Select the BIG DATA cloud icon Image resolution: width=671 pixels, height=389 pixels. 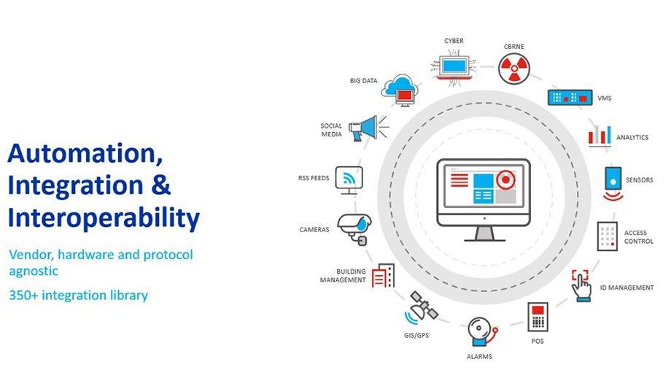tap(400, 88)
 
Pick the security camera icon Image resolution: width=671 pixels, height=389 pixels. tap(354, 228)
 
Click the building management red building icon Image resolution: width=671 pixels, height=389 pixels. tap(383, 276)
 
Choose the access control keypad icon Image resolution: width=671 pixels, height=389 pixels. tap(607, 236)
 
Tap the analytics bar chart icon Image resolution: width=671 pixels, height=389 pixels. tap(600, 134)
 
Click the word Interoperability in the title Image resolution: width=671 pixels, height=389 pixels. tap(103, 217)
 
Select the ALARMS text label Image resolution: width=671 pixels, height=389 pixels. tap(479, 357)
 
